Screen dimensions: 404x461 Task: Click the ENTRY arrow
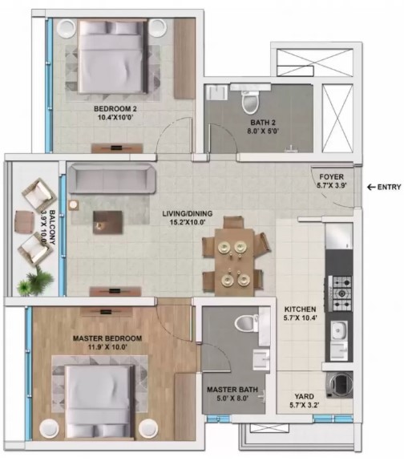[x=372, y=187]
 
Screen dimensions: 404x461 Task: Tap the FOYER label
[x=331, y=177]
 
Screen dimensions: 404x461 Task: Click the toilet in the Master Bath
[x=246, y=323]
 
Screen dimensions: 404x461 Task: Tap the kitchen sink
[x=339, y=331]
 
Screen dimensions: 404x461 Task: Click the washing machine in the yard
[x=341, y=385]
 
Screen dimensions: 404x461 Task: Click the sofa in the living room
[x=111, y=179]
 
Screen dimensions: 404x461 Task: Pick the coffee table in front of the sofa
[x=107, y=222]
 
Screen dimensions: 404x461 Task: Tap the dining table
[x=234, y=262]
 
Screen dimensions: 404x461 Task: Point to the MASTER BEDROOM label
[x=107, y=338]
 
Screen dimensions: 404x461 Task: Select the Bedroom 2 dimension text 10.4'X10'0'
[x=115, y=118]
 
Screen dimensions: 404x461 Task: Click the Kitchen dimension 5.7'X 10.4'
[x=301, y=317]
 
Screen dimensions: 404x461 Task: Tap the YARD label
[x=305, y=396]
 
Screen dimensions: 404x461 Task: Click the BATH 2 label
[x=263, y=123]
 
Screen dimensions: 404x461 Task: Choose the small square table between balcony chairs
[x=24, y=220]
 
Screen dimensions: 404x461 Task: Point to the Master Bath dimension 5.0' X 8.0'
[x=232, y=398]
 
